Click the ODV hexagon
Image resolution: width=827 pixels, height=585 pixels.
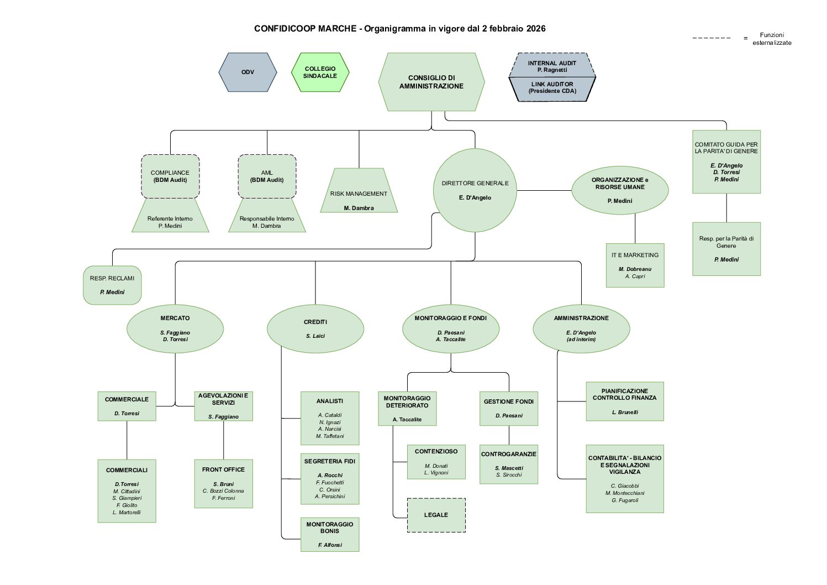click(x=247, y=72)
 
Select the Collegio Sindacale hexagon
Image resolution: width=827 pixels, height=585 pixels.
click(x=320, y=72)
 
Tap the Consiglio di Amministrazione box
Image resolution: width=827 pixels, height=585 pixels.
click(x=431, y=82)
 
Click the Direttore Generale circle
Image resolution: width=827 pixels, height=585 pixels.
click(x=475, y=190)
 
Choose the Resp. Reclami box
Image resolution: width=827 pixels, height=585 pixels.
click(x=112, y=285)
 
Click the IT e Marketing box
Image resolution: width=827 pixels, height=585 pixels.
click(x=635, y=265)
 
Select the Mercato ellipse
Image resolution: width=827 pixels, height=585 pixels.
click(x=175, y=328)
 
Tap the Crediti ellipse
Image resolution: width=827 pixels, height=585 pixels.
click(x=315, y=328)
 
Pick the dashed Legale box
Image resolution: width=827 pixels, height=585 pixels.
click(x=436, y=515)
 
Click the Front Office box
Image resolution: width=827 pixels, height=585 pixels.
click(x=223, y=483)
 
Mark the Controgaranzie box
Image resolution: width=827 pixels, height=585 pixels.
click(x=508, y=464)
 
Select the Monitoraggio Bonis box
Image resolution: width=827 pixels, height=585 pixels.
click(x=330, y=534)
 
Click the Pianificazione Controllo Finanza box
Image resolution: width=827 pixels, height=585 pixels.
click(x=624, y=401)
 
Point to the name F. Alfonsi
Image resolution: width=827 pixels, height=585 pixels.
click(x=330, y=545)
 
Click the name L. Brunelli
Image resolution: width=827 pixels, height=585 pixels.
click(x=625, y=412)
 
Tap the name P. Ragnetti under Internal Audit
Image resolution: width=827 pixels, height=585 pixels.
click(x=552, y=70)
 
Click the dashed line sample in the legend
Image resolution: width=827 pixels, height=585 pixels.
click(x=712, y=38)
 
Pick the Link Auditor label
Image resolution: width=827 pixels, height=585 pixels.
click(x=552, y=84)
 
